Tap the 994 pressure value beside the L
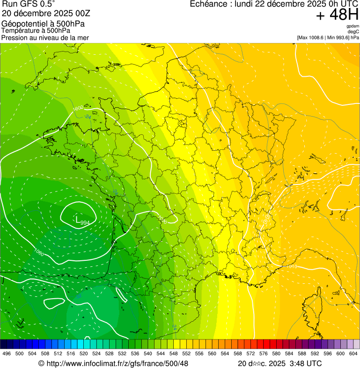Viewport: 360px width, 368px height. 85,223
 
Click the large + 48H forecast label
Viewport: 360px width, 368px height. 337,15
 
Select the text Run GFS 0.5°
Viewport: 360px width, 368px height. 29,5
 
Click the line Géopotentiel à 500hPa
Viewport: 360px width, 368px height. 43,24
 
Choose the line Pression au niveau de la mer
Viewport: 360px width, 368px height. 45,37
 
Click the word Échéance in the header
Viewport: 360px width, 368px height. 211,4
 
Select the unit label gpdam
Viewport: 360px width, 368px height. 353,26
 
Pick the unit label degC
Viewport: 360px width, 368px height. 353,31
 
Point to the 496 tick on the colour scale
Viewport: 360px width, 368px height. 7,353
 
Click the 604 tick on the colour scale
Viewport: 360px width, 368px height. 353,353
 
